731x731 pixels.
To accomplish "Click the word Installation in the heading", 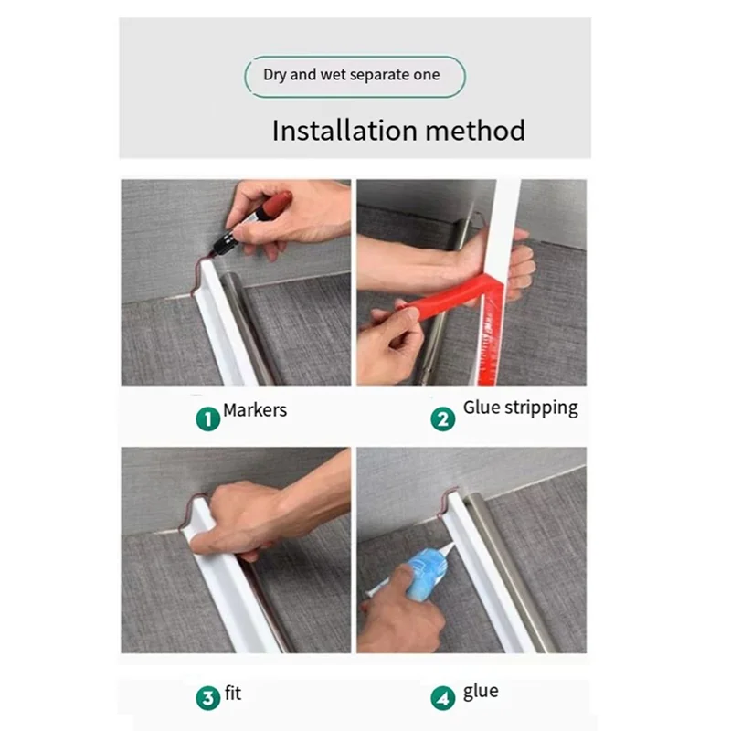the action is pos(344,130).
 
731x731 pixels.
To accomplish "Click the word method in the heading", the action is pos(475,130).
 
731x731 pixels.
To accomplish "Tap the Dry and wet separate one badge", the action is pos(355,77).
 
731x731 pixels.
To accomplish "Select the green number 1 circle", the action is pos(208,418).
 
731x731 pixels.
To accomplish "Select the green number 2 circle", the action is pos(443,418).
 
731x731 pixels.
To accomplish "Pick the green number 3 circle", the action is pos(208,698).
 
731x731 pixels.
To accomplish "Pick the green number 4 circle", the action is pos(443,698).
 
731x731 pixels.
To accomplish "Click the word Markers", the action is pos(255,410).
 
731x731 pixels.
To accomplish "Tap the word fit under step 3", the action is pos(233,694).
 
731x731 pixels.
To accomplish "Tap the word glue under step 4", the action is pos(481,692).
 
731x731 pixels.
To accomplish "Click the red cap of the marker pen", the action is pos(277,204).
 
